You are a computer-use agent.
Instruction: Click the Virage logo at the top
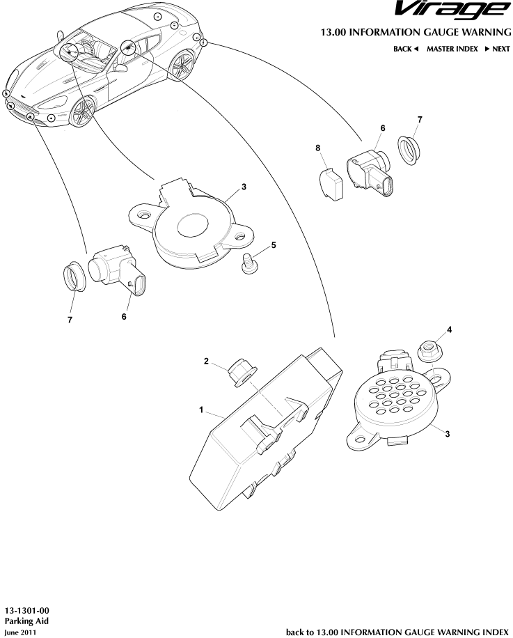point(452,10)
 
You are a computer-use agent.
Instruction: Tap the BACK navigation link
point(406,49)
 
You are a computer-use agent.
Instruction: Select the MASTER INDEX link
point(452,49)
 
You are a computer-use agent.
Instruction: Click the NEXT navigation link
point(497,49)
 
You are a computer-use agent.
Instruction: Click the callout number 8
point(318,148)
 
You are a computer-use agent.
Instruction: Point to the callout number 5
point(274,245)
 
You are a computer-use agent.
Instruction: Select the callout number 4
point(449,329)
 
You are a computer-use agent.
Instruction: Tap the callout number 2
point(206,361)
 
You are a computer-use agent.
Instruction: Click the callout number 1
point(200,410)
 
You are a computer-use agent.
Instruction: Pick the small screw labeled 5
point(248,264)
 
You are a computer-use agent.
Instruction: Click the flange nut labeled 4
point(427,352)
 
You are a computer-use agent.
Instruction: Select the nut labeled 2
point(242,373)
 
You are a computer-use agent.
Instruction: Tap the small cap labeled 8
point(330,185)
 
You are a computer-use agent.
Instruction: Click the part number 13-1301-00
point(27,611)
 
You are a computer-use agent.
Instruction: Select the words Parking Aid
point(26,621)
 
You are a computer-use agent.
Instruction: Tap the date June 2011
point(20,632)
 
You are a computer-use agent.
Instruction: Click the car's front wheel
point(82,112)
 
